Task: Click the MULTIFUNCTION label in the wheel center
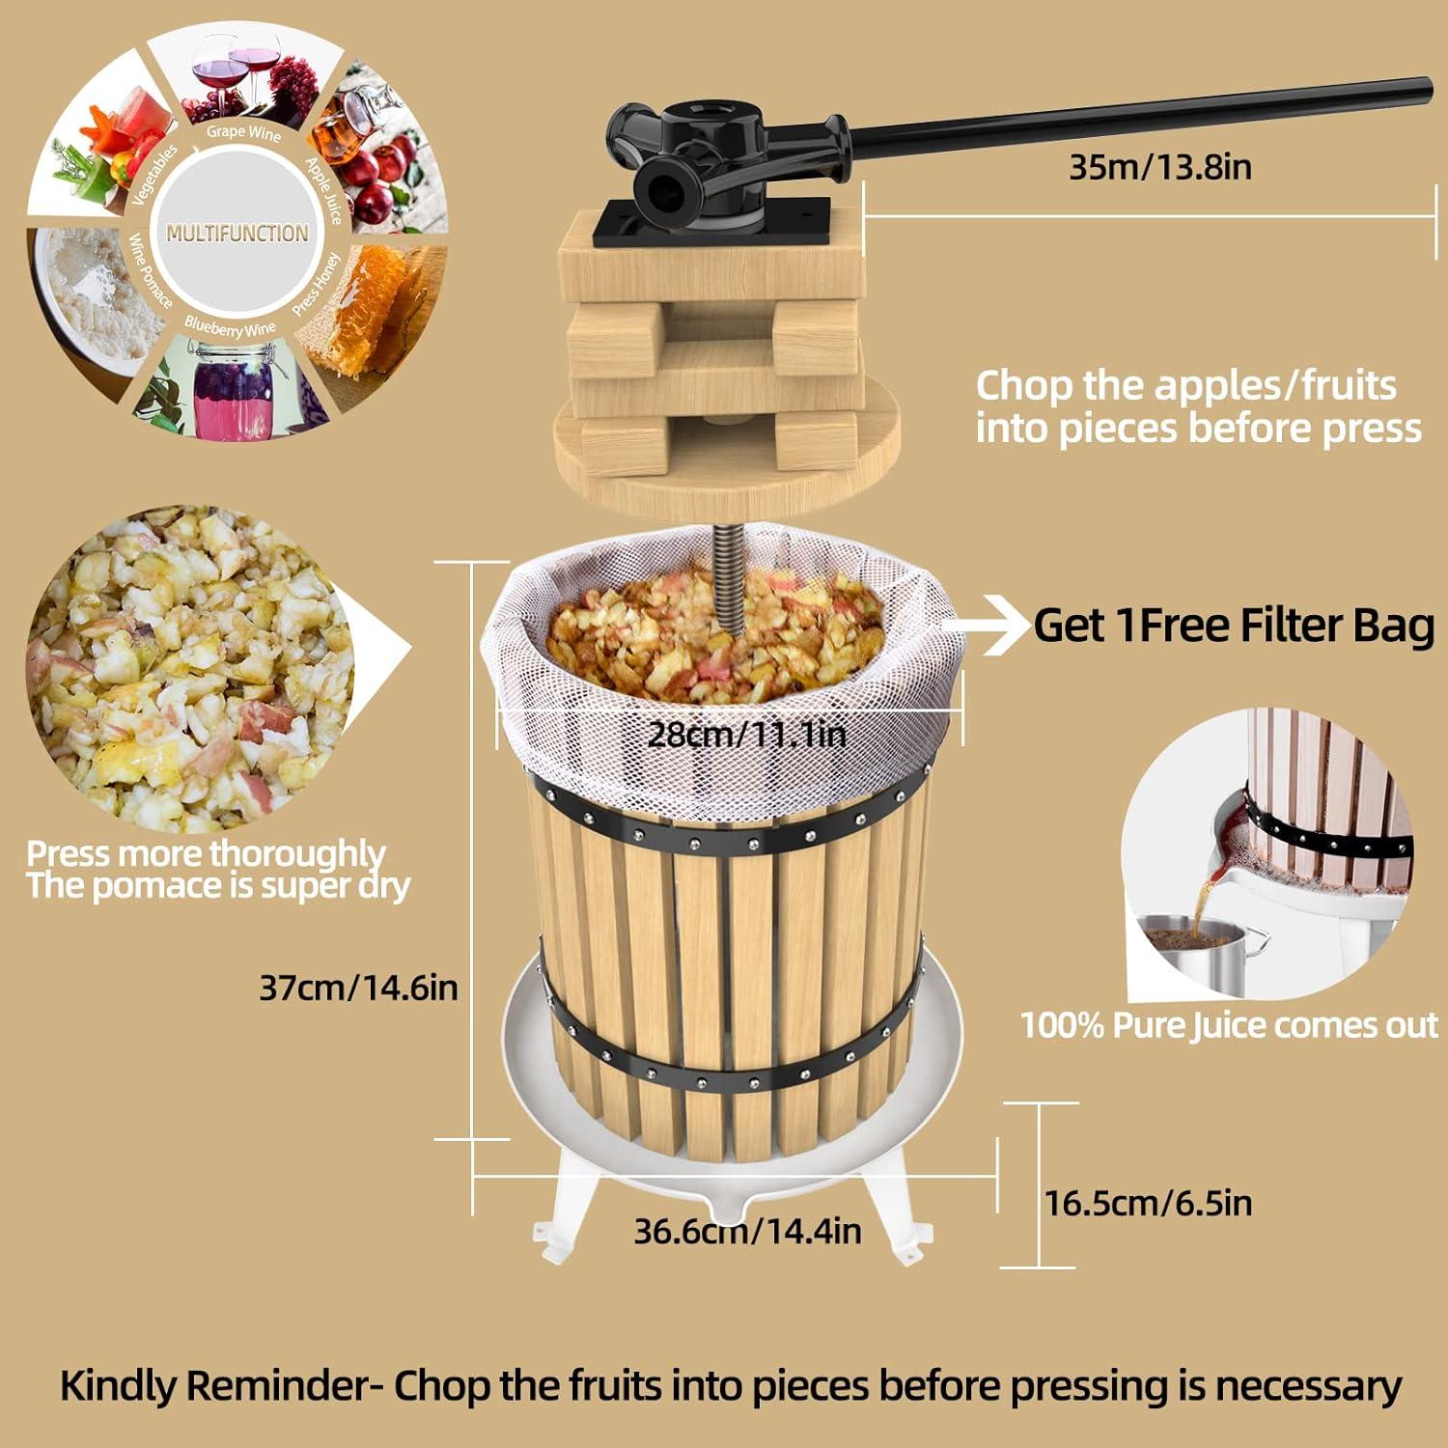tap(237, 233)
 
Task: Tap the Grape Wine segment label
tap(243, 132)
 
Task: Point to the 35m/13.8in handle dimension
tap(1159, 167)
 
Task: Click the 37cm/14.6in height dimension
tap(358, 988)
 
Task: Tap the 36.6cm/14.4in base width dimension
tap(747, 1231)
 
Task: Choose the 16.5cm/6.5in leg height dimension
tap(1148, 1203)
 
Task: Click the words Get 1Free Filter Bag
tap(1234, 626)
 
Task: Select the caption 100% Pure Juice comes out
tap(1229, 1025)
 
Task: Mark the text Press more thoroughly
tap(206, 853)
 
